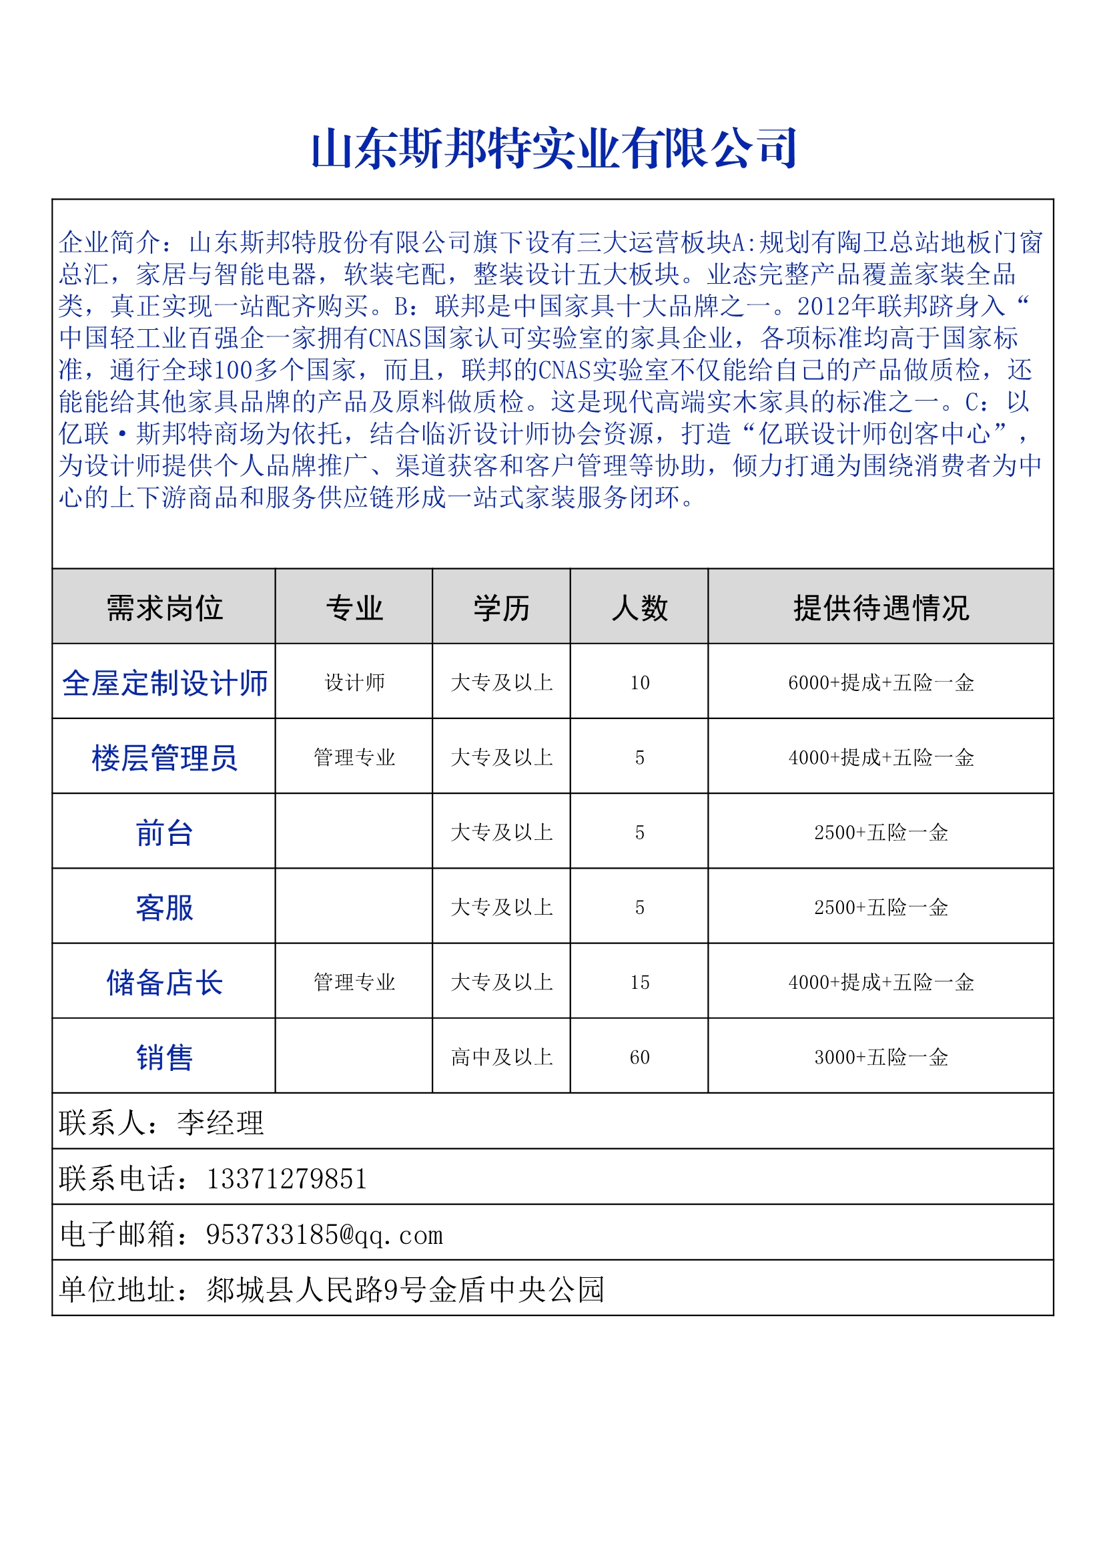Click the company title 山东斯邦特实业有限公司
554,148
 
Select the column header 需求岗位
164,607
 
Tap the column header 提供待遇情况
881,607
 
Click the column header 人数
639,607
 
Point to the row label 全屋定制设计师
164,682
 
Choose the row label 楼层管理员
164,757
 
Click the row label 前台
164,832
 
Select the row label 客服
164,907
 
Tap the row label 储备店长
164,981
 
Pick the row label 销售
164,1056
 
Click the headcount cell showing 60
639,1056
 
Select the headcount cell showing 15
639,981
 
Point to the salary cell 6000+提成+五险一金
881,682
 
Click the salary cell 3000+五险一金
881,1056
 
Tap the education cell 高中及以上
502,1056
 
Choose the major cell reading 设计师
354,682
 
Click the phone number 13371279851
286,1178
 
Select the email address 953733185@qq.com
324,1234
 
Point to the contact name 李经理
220,1122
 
